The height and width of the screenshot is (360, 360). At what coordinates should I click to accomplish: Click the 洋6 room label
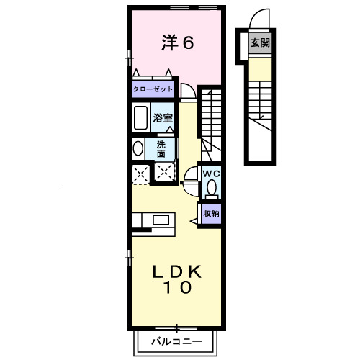coord(177,43)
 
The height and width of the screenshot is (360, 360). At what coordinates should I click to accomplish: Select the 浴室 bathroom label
coord(163,117)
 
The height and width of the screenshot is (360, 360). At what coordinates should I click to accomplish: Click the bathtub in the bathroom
coord(140,117)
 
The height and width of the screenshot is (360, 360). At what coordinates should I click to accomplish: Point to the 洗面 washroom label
coord(161,148)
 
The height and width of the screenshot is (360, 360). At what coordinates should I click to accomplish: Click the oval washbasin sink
coord(138,148)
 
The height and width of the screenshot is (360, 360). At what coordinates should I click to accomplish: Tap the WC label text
coord(210,174)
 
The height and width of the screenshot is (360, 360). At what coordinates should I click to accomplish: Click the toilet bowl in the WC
coord(211,189)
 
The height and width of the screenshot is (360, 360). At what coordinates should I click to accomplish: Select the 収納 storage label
coord(210,213)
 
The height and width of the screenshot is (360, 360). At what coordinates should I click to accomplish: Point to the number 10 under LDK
coord(176,289)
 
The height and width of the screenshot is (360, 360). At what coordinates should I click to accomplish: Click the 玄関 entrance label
coord(261,42)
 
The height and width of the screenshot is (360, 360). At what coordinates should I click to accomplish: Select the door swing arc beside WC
coord(189,176)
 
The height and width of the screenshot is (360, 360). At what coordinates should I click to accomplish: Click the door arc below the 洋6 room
coord(187,91)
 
